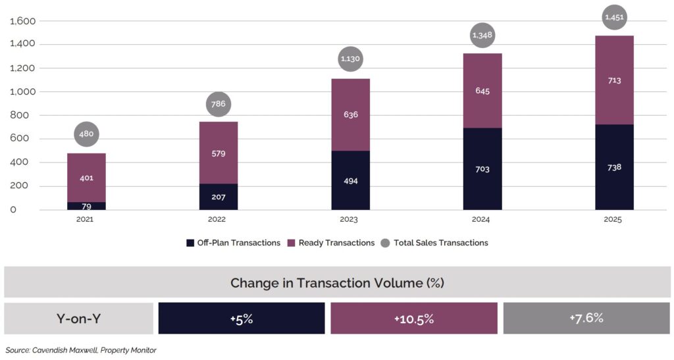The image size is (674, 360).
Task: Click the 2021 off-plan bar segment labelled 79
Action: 86,205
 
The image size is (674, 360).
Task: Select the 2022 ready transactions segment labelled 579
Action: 218,153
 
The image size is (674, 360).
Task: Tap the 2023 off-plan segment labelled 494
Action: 350,180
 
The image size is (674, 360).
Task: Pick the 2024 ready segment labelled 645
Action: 482,91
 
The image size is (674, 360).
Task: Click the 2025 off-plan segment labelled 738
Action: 614,167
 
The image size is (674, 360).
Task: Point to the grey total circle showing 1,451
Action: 614,18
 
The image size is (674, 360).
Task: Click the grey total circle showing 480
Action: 86,134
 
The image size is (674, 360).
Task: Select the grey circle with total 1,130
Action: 350,59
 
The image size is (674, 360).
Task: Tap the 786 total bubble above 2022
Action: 218,103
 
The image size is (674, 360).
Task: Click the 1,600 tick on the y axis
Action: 22,21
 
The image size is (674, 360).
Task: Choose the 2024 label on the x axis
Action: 482,219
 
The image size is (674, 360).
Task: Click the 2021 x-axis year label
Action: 86,219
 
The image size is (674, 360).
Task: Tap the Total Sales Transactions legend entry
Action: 435,243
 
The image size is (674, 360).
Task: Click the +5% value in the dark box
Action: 242,319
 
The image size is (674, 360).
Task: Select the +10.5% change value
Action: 414,319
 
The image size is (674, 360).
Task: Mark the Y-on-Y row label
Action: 79,319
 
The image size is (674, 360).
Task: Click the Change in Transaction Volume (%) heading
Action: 337,283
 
